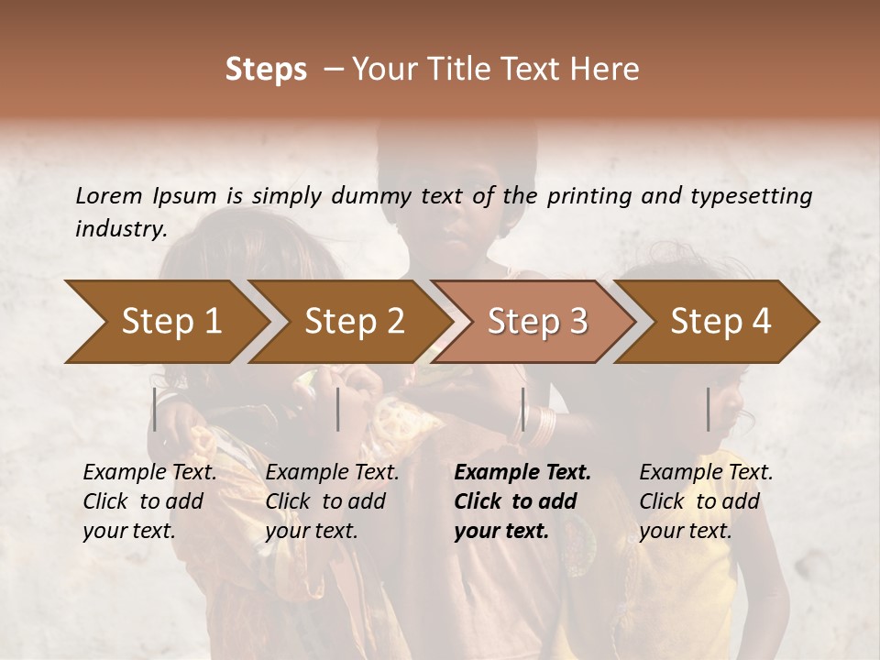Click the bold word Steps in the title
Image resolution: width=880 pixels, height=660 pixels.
(x=266, y=70)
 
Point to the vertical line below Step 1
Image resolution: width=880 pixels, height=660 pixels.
(x=155, y=409)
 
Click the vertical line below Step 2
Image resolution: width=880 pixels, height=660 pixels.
(x=338, y=409)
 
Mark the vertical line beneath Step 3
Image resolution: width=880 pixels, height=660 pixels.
(x=523, y=409)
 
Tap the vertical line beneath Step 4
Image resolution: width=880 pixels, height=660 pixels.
(x=709, y=409)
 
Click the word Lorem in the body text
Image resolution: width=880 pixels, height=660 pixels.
(x=109, y=195)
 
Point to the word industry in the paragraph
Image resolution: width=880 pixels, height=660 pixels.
(x=120, y=229)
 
